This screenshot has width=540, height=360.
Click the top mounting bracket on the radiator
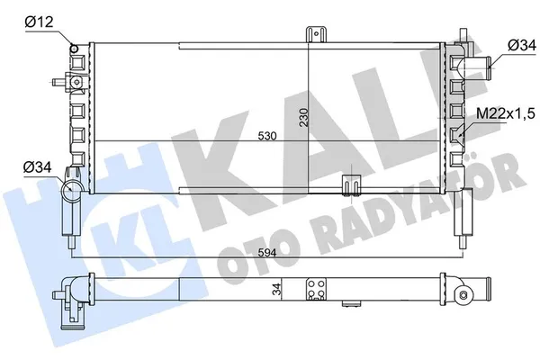coord(315,34)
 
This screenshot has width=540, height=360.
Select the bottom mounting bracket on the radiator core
coord(346,185)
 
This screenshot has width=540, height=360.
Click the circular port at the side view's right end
coord(464,293)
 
